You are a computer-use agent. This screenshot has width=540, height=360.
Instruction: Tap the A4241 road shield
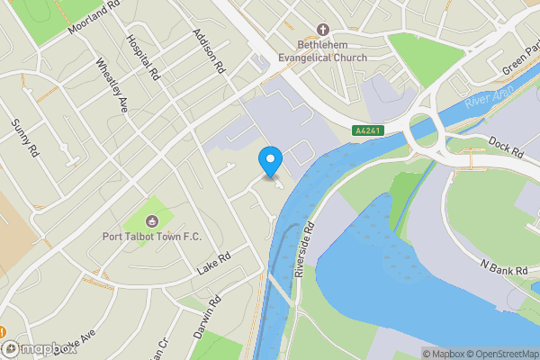coord(366,131)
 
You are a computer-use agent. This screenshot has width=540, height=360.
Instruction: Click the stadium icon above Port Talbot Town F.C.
coord(152,220)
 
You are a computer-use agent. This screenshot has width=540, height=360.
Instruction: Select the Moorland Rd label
coord(93,17)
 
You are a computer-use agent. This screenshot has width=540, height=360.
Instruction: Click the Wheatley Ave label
coord(112,85)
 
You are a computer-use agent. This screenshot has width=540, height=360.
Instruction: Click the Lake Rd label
coord(213,264)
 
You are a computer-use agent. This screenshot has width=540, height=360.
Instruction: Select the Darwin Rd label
coord(206,318)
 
